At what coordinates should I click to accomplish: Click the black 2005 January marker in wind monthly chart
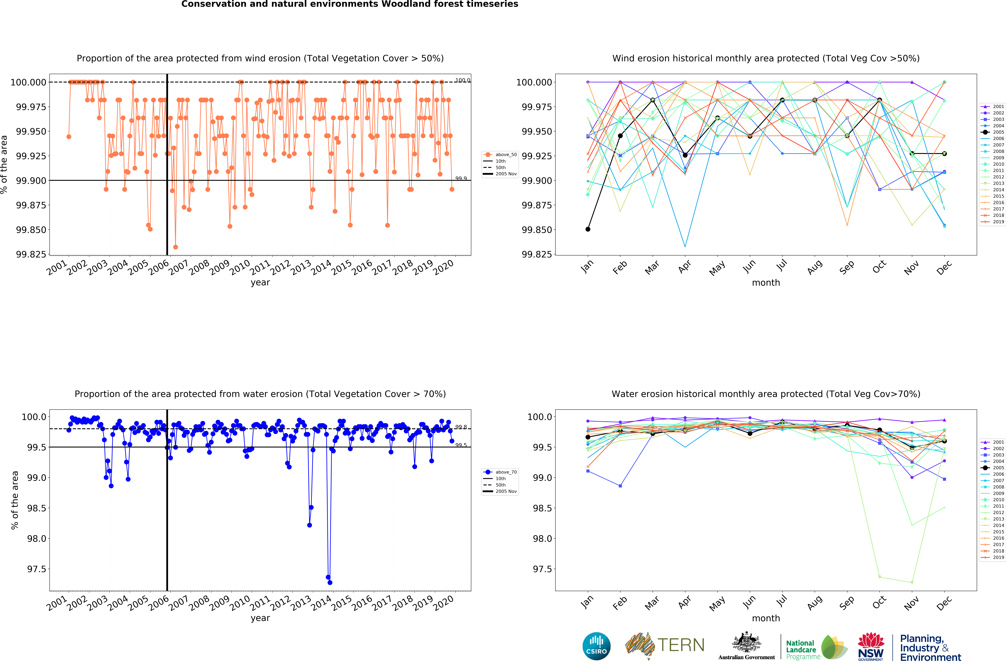[588, 229]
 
